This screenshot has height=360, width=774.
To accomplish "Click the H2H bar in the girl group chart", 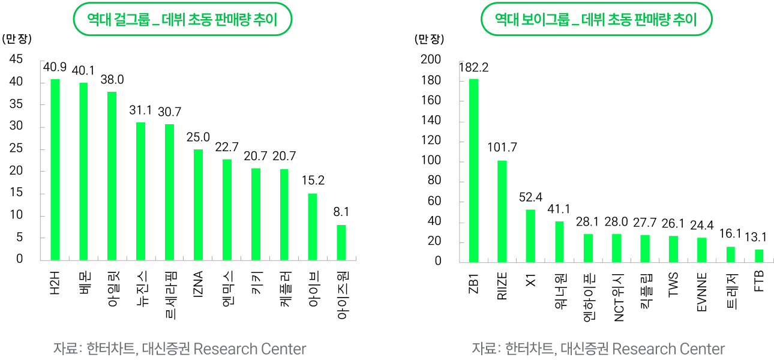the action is pos(55,170).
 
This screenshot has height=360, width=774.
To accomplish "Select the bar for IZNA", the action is pos(198,205).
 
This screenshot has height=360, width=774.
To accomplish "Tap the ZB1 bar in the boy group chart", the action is pos(474,170).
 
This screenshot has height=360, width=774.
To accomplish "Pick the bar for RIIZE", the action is pos(502,211).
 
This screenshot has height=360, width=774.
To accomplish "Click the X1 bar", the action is pos(530,236).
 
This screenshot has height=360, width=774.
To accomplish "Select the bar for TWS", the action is pos(673,249).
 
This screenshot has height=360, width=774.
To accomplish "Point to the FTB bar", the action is pos(759,256).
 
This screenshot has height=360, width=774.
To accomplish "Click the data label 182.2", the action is pos(474,67).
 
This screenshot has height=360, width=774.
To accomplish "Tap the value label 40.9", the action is pos(55,67).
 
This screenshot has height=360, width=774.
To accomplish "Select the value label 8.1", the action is pos(341,212).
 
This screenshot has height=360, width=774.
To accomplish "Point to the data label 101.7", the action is pos(502,148).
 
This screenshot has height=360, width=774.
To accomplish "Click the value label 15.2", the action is pos(313,181).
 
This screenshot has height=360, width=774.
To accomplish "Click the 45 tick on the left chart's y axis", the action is pos(16,59).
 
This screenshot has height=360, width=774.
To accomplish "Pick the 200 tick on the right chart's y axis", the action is pos(431,59).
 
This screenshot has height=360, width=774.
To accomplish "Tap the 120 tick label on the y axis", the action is pos(431,140).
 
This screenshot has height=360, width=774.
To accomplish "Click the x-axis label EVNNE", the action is pos(702,292).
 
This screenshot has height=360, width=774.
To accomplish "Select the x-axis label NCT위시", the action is pos(618,298).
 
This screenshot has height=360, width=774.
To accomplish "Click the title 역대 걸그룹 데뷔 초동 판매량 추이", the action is pos(182,19).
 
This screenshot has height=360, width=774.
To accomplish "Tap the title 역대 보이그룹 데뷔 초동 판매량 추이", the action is pos(596,19).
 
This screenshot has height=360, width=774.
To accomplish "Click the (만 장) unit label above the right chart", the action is pos(429,39).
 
